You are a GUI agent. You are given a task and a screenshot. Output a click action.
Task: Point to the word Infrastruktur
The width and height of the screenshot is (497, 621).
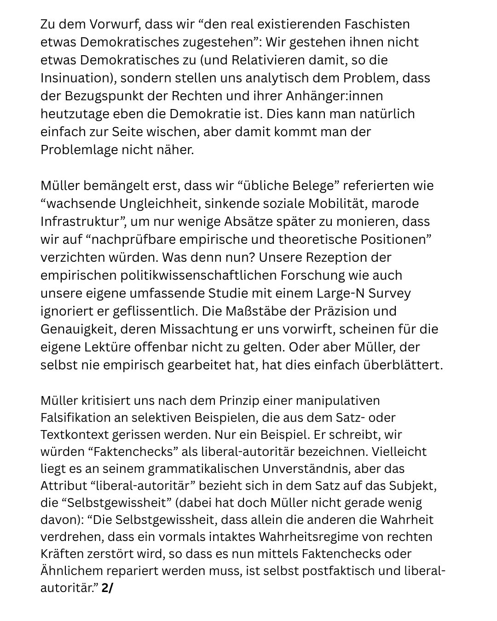[83, 221]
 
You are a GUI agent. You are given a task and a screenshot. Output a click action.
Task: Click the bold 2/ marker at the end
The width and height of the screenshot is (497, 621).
[107, 588]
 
